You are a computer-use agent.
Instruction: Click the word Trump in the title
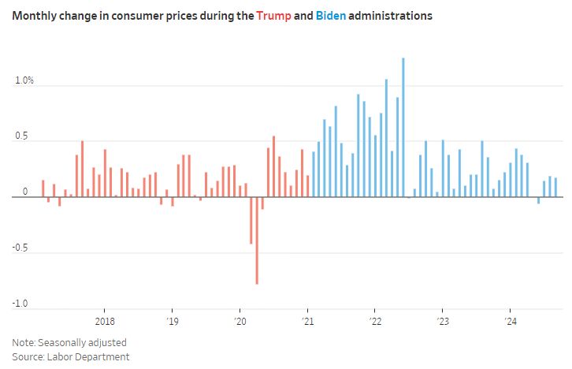tap(271, 16)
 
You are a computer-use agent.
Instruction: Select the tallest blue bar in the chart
tap(403, 126)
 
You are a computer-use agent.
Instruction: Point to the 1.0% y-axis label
tap(24, 80)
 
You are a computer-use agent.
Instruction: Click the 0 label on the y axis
tap(25, 192)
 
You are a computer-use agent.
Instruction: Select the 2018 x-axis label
tap(104, 322)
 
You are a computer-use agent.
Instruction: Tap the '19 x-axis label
tap(173, 322)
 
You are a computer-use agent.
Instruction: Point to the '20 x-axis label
tap(240, 322)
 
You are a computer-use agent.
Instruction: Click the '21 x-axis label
tap(308, 322)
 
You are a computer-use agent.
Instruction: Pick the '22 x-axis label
tap(375, 322)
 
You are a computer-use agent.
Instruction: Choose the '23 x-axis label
tap(443, 322)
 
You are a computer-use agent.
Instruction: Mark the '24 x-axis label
tap(511, 322)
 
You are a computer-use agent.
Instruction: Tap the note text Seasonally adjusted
tap(83, 343)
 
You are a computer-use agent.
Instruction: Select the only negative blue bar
tap(539, 200)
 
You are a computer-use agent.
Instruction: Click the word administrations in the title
tap(393, 16)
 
